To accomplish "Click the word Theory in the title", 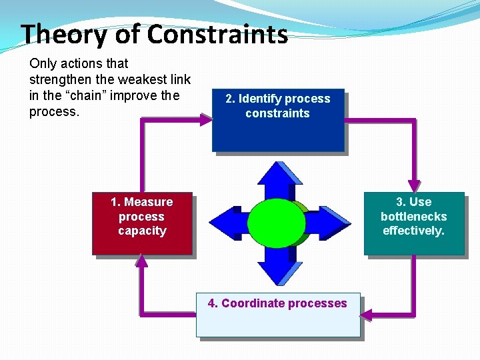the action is pyautogui.click(x=59, y=34).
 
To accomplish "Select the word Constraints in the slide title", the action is pyautogui.click(x=217, y=34).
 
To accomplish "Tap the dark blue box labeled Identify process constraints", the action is pyautogui.click(x=278, y=120).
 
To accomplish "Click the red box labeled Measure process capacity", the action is pyautogui.click(x=142, y=223).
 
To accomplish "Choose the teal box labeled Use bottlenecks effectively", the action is pyautogui.click(x=413, y=223).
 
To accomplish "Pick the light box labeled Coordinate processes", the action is pyautogui.click(x=277, y=315).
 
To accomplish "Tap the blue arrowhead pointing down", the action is pyautogui.click(x=280, y=273).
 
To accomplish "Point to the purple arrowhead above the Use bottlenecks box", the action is pyautogui.click(x=414, y=185).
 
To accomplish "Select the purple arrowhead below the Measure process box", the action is pyautogui.click(x=141, y=261).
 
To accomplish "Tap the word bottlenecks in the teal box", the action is pyautogui.click(x=413, y=217).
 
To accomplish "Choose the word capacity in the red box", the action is pyautogui.click(x=142, y=231).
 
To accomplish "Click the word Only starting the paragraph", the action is pyautogui.click(x=43, y=64).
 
